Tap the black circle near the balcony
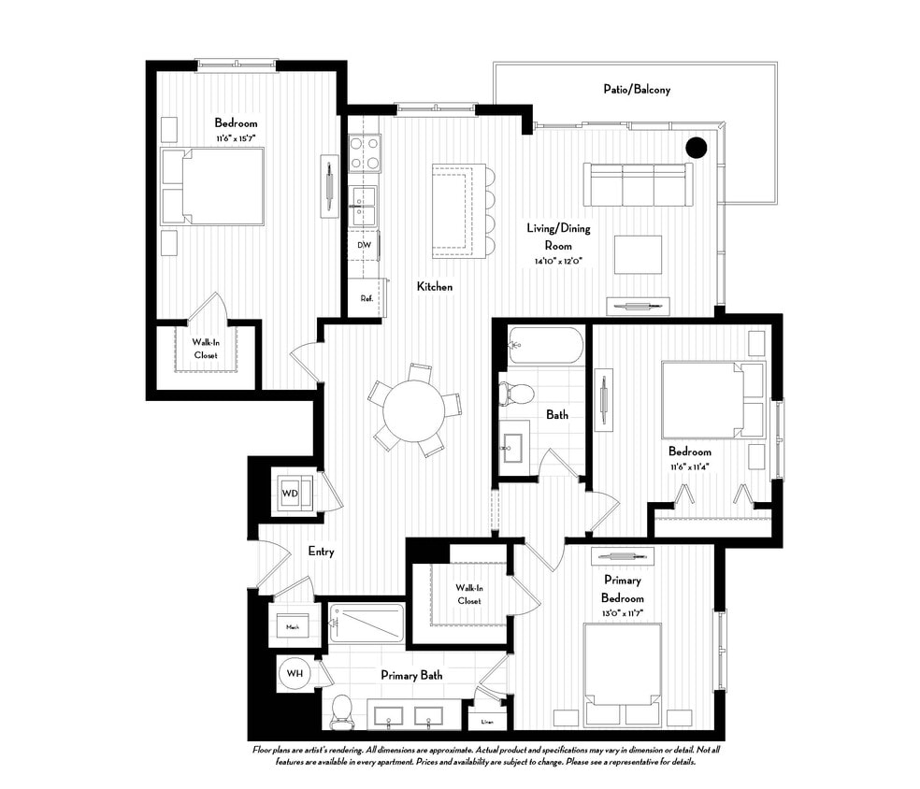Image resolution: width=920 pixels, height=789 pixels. (696, 147)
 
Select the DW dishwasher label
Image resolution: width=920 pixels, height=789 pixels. (364, 245)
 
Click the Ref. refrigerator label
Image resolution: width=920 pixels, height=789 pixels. (367, 298)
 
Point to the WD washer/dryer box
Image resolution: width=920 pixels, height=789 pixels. (291, 493)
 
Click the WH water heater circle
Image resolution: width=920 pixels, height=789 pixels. (294, 672)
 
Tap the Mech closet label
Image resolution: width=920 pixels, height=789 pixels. (292, 627)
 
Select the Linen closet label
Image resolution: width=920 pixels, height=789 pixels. (486, 722)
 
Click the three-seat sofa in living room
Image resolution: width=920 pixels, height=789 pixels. (636, 184)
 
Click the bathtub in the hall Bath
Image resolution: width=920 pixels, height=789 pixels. (545, 345)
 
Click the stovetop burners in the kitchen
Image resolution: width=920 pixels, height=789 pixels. (364, 153)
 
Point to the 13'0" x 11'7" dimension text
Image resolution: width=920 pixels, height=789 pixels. (622, 614)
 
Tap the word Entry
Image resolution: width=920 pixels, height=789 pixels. (321, 552)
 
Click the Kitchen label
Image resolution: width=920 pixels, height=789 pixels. (434, 287)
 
